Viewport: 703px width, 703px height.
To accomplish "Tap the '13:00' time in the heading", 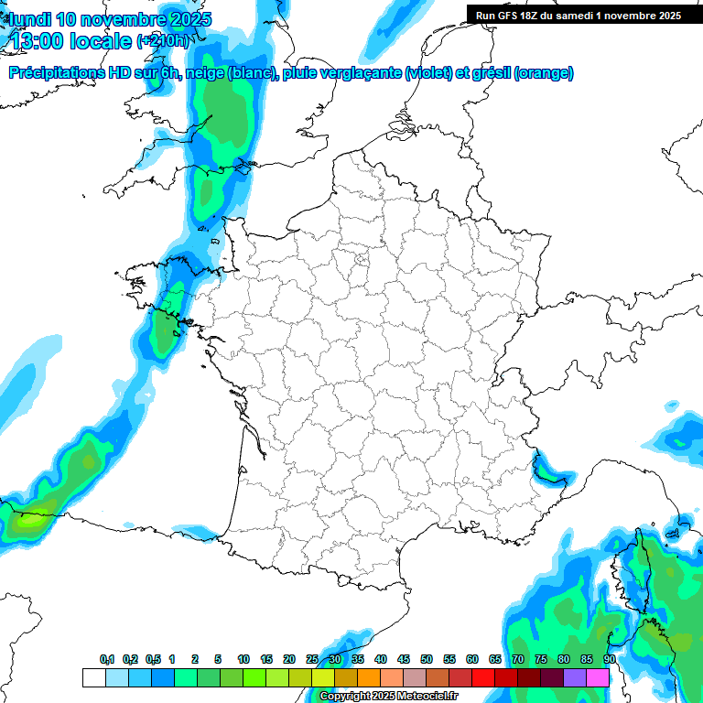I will coord(36,41).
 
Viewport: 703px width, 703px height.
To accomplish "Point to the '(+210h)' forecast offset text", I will coord(162,41).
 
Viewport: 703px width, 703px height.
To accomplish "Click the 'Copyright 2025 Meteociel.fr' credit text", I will coord(388,697).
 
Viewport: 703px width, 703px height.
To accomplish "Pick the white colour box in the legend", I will coord(93,677).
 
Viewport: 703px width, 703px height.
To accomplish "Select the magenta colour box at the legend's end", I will coord(598,677).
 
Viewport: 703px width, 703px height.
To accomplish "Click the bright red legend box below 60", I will coord(483,677).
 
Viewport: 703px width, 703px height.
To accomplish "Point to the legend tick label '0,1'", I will coord(107,660).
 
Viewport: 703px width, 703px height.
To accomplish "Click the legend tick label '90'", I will coord(610,660).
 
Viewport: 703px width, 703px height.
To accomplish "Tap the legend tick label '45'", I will coord(404,660).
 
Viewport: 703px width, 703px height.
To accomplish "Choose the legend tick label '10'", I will coord(243,660).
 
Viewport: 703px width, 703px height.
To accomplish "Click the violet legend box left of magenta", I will coord(575,677).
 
